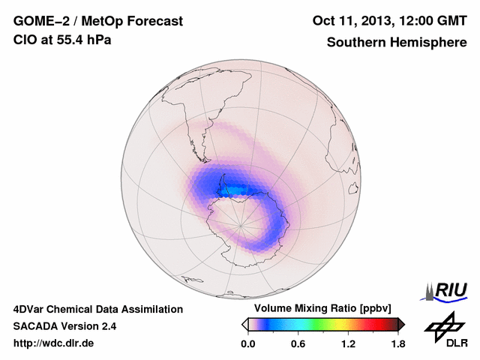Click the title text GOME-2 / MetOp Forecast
tap(97, 21)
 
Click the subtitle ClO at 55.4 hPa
tap(62, 40)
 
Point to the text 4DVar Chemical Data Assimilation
tap(98, 309)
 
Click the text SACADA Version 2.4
tap(64, 326)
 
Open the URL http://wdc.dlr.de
tap(54, 343)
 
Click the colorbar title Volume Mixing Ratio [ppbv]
tap(323, 309)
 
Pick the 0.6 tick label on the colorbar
tap(298, 343)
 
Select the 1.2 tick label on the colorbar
tap(347, 343)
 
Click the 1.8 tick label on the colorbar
tap(397, 343)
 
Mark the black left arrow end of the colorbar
tap(244, 324)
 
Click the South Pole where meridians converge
tap(241, 225)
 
